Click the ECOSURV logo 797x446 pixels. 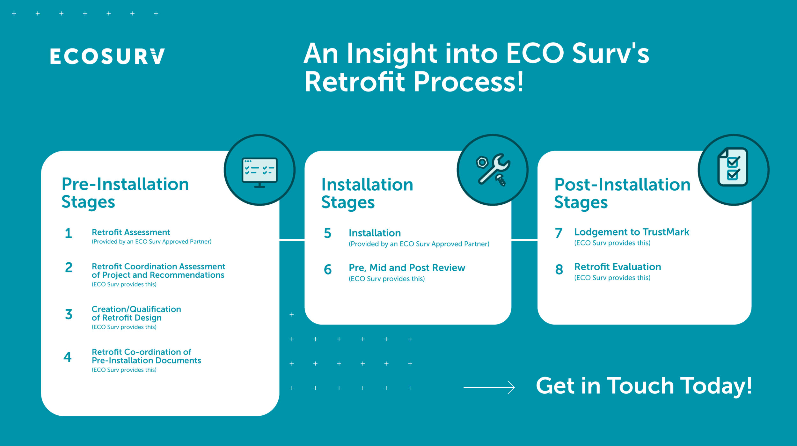click(107, 56)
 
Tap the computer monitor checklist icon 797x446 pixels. click(260, 172)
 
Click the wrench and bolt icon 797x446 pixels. click(493, 170)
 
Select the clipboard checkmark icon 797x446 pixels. click(733, 167)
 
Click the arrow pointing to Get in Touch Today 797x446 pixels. click(489, 387)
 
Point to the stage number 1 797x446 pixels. click(69, 233)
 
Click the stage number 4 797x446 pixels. click(68, 357)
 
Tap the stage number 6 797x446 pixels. click(328, 269)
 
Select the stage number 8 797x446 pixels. click(559, 269)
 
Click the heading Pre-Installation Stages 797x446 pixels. click(125, 193)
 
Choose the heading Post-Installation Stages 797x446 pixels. click(622, 193)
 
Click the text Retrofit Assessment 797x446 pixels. click(131, 232)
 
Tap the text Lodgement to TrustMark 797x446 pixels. click(632, 232)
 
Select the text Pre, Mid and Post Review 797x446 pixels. click(407, 267)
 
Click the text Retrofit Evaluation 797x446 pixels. click(618, 267)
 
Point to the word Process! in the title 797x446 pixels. click(469, 82)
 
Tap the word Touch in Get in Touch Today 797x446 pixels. click(640, 386)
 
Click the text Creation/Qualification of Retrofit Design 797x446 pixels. click(136, 313)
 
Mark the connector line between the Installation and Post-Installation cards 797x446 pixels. click(524, 239)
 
